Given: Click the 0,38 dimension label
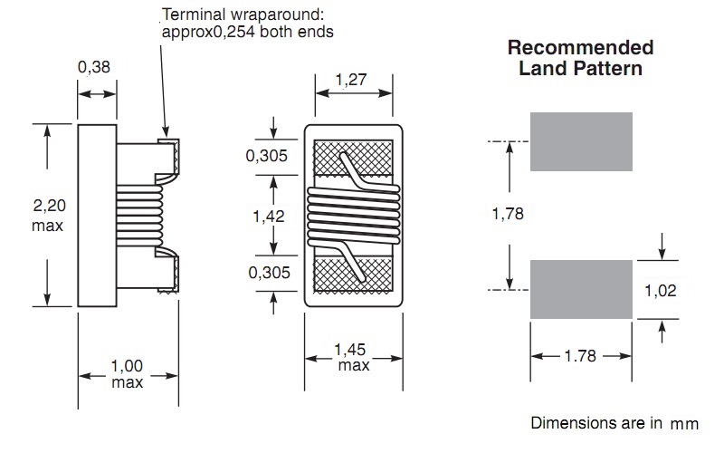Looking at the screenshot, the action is [x=94, y=67].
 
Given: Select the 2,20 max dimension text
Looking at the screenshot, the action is [x=49, y=215].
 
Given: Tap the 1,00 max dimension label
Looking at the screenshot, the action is [x=127, y=374].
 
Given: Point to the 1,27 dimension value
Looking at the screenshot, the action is [x=351, y=80].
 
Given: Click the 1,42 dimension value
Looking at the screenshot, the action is [x=268, y=216].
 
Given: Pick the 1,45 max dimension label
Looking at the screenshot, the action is [x=351, y=357].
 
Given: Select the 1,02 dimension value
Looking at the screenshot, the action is [x=661, y=290].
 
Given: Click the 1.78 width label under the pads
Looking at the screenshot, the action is [x=580, y=356].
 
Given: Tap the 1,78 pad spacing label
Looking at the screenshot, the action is [x=508, y=214].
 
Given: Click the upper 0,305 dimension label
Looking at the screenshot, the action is [x=266, y=156].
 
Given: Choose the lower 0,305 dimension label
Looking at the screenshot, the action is [x=269, y=273].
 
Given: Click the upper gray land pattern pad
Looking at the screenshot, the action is [x=581, y=141].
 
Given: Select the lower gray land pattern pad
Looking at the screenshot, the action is [x=581, y=289].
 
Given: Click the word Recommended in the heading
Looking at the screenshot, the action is [x=580, y=48].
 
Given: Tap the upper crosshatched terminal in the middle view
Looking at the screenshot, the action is [x=353, y=158].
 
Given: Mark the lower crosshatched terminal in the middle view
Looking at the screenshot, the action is [x=353, y=275].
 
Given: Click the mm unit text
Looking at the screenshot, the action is [x=684, y=424].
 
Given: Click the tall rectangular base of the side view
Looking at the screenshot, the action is [x=97, y=216].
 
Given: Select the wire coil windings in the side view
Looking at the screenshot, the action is [x=139, y=216].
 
